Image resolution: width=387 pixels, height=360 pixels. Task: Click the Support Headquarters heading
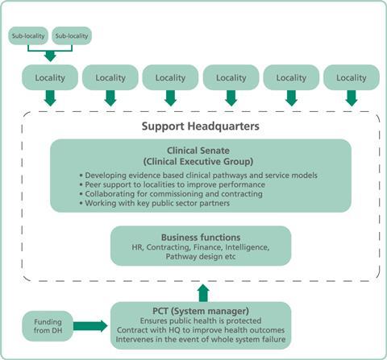click(x=201, y=126)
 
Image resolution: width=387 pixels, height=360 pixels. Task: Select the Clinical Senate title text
click(x=198, y=151)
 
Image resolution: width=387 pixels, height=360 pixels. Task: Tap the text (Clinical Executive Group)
click(x=198, y=162)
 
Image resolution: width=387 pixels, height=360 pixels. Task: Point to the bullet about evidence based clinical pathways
click(x=198, y=176)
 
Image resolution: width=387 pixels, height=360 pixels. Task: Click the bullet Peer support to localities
click(x=173, y=184)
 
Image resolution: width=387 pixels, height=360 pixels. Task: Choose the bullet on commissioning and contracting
click(x=171, y=194)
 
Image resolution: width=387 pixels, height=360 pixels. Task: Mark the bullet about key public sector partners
click(x=155, y=203)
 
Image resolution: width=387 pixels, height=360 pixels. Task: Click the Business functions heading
click(x=201, y=238)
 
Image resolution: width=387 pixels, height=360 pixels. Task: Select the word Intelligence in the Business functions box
click(x=248, y=247)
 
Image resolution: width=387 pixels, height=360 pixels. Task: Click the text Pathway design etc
click(x=201, y=257)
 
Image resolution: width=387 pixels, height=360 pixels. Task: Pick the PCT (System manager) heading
click(x=201, y=311)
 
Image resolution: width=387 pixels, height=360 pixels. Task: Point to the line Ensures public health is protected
click(x=201, y=321)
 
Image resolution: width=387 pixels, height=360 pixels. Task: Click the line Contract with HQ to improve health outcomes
click(x=201, y=330)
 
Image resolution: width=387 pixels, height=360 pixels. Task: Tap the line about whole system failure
click(x=201, y=339)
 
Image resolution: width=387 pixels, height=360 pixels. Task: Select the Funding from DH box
click(x=48, y=326)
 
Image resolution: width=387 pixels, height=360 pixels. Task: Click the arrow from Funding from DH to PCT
click(x=90, y=326)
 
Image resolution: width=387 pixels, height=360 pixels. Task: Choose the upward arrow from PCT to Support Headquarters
click(x=203, y=293)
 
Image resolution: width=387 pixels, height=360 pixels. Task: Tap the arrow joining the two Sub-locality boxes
click(x=50, y=51)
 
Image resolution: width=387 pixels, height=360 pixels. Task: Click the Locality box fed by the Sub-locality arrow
click(x=50, y=77)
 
